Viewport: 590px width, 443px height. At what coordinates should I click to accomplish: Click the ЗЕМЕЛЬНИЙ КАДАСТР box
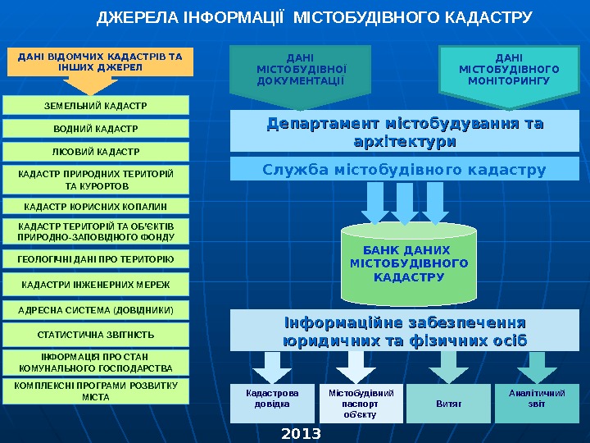coord(96,105)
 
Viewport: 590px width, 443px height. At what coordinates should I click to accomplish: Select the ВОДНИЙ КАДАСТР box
coord(96,129)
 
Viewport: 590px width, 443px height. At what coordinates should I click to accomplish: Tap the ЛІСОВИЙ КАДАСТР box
coord(96,152)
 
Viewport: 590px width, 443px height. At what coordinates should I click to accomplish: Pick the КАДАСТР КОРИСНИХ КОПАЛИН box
coord(96,205)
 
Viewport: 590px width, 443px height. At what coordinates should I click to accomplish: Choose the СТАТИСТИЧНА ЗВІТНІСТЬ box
coord(96,335)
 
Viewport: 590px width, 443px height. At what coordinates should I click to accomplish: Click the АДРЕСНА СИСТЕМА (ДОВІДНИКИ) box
coord(96,310)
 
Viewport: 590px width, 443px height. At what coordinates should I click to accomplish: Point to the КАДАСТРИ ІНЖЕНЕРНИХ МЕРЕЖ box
coord(96,284)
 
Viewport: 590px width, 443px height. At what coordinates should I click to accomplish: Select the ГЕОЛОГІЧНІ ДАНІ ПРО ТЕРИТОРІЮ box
coord(96,258)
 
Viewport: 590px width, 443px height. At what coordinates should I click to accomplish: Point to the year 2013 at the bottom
coord(301,432)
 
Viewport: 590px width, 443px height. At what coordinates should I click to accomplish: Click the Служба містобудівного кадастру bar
coord(405,170)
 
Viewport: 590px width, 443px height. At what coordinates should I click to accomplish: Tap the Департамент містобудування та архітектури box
coord(405,132)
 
